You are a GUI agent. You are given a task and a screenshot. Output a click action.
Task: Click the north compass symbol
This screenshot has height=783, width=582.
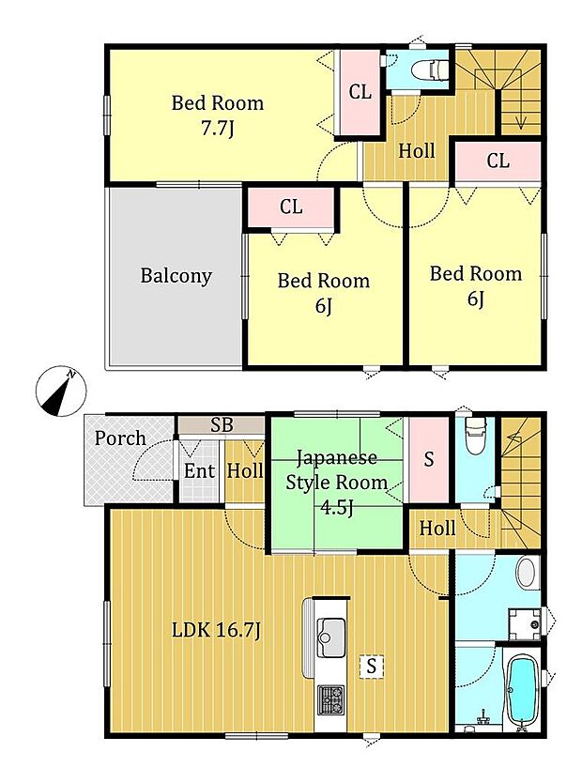(61, 391)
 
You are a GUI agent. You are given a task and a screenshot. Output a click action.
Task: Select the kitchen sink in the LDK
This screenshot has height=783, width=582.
(331, 637)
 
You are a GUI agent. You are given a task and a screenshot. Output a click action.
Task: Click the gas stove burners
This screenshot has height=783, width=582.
(331, 699)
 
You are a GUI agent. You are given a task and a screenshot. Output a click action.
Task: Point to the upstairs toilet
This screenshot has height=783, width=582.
(432, 69)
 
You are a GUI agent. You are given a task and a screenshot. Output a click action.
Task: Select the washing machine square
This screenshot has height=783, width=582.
(525, 624)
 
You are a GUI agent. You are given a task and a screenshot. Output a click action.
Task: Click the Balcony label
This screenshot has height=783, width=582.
(176, 276)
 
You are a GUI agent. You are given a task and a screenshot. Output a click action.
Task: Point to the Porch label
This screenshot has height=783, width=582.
(120, 438)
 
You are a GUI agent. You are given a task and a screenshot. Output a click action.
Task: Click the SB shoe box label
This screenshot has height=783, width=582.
(222, 425)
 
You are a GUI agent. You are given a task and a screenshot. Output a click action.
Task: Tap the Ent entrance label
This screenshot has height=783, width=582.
(200, 471)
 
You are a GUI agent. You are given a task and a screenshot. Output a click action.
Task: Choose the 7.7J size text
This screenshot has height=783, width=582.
(217, 130)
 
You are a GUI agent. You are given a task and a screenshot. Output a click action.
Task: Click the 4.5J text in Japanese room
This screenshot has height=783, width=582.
(337, 508)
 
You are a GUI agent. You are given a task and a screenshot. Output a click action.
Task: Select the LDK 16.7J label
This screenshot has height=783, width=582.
(216, 630)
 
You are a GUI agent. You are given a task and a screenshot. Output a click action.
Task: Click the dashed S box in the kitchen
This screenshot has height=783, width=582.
(371, 667)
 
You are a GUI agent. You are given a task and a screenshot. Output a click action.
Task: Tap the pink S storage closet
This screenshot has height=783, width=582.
(429, 459)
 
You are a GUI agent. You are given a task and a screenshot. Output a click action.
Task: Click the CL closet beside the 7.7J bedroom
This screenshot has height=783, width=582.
(360, 92)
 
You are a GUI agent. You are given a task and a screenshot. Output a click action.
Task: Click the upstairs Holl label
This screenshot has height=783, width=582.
(417, 151)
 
